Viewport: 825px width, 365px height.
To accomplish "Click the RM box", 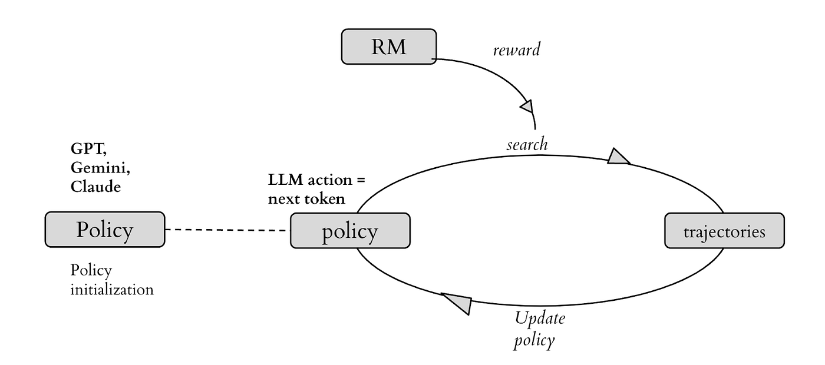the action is (x=389, y=47).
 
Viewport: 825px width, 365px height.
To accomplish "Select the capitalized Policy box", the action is (x=105, y=230).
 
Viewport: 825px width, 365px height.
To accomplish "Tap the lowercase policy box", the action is (x=350, y=231).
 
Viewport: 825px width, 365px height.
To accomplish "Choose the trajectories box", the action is (x=724, y=231).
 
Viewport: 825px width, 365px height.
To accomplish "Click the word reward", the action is (x=517, y=49).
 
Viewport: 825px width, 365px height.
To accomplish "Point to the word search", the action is (x=527, y=144).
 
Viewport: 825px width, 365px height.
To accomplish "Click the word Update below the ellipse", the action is (x=540, y=318).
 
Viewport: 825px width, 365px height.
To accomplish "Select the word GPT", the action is (x=88, y=149).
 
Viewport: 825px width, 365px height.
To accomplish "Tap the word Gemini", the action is (x=100, y=168).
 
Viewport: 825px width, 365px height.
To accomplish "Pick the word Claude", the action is (x=95, y=187).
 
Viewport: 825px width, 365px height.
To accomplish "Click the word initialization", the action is (x=112, y=290).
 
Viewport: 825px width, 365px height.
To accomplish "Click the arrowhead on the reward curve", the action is (x=527, y=107).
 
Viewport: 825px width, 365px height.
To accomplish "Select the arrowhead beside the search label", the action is (x=618, y=157).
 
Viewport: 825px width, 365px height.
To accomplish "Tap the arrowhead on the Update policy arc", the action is (x=458, y=303).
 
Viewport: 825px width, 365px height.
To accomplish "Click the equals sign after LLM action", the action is (x=361, y=180).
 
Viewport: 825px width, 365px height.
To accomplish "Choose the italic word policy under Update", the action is (x=534, y=341).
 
